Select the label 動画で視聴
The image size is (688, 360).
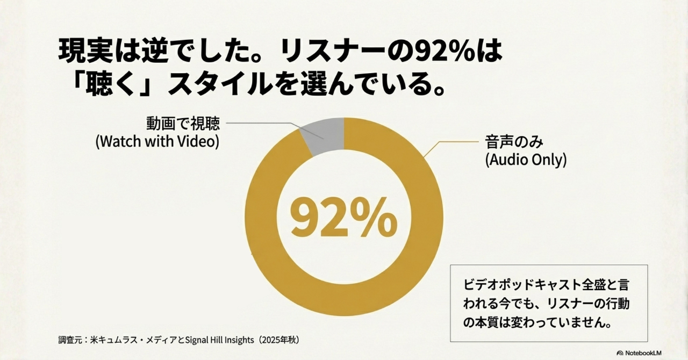183,124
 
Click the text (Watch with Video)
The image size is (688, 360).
157,142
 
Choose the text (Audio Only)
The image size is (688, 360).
526,160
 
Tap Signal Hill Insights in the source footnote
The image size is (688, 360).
220,340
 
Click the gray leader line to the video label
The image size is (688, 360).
263,124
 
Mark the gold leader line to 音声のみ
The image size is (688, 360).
451,143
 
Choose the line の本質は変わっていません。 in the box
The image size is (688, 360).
537,324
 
